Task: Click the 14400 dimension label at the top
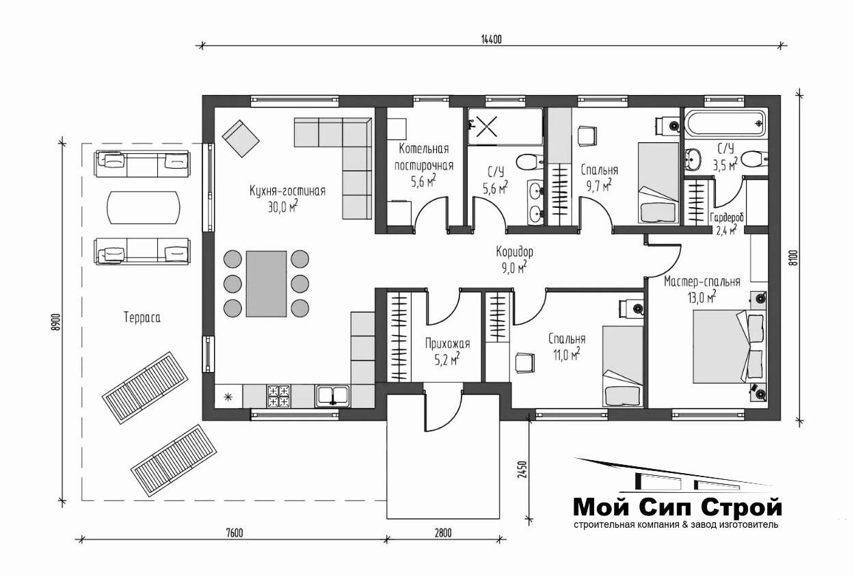(x=492, y=39)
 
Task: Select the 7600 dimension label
(x=235, y=533)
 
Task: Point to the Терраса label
(x=142, y=317)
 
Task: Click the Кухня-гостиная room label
(x=287, y=191)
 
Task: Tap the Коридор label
(x=515, y=252)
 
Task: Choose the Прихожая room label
(x=448, y=344)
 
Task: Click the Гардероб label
(x=727, y=218)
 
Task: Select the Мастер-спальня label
(x=702, y=282)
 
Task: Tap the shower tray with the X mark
(x=505, y=126)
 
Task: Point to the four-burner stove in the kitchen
(x=279, y=397)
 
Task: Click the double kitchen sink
(x=332, y=396)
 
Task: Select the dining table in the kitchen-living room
(x=267, y=284)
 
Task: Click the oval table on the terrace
(x=144, y=207)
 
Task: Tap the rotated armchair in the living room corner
(x=241, y=138)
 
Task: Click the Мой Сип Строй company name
(x=678, y=507)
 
